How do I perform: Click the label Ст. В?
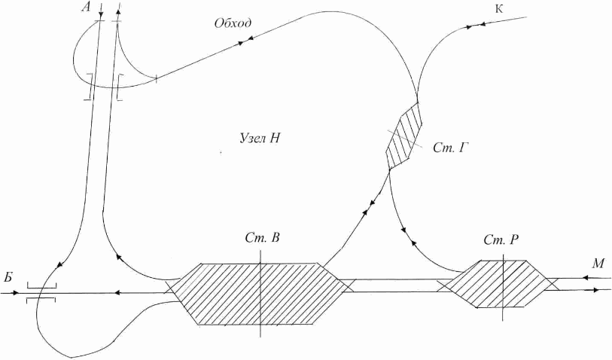(x=263, y=239)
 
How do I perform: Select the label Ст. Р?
(x=501, y=239)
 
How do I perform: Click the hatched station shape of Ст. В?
(x=226, y=294)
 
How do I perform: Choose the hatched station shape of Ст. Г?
(x=402, y=136)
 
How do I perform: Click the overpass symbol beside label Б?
(x=40, y=292)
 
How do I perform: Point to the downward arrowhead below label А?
(x=101, y=14)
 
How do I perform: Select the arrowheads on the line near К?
(x=474, y=26)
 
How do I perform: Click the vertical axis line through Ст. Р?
(x=503, y=282)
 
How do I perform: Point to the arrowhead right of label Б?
(x=21, y=292)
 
